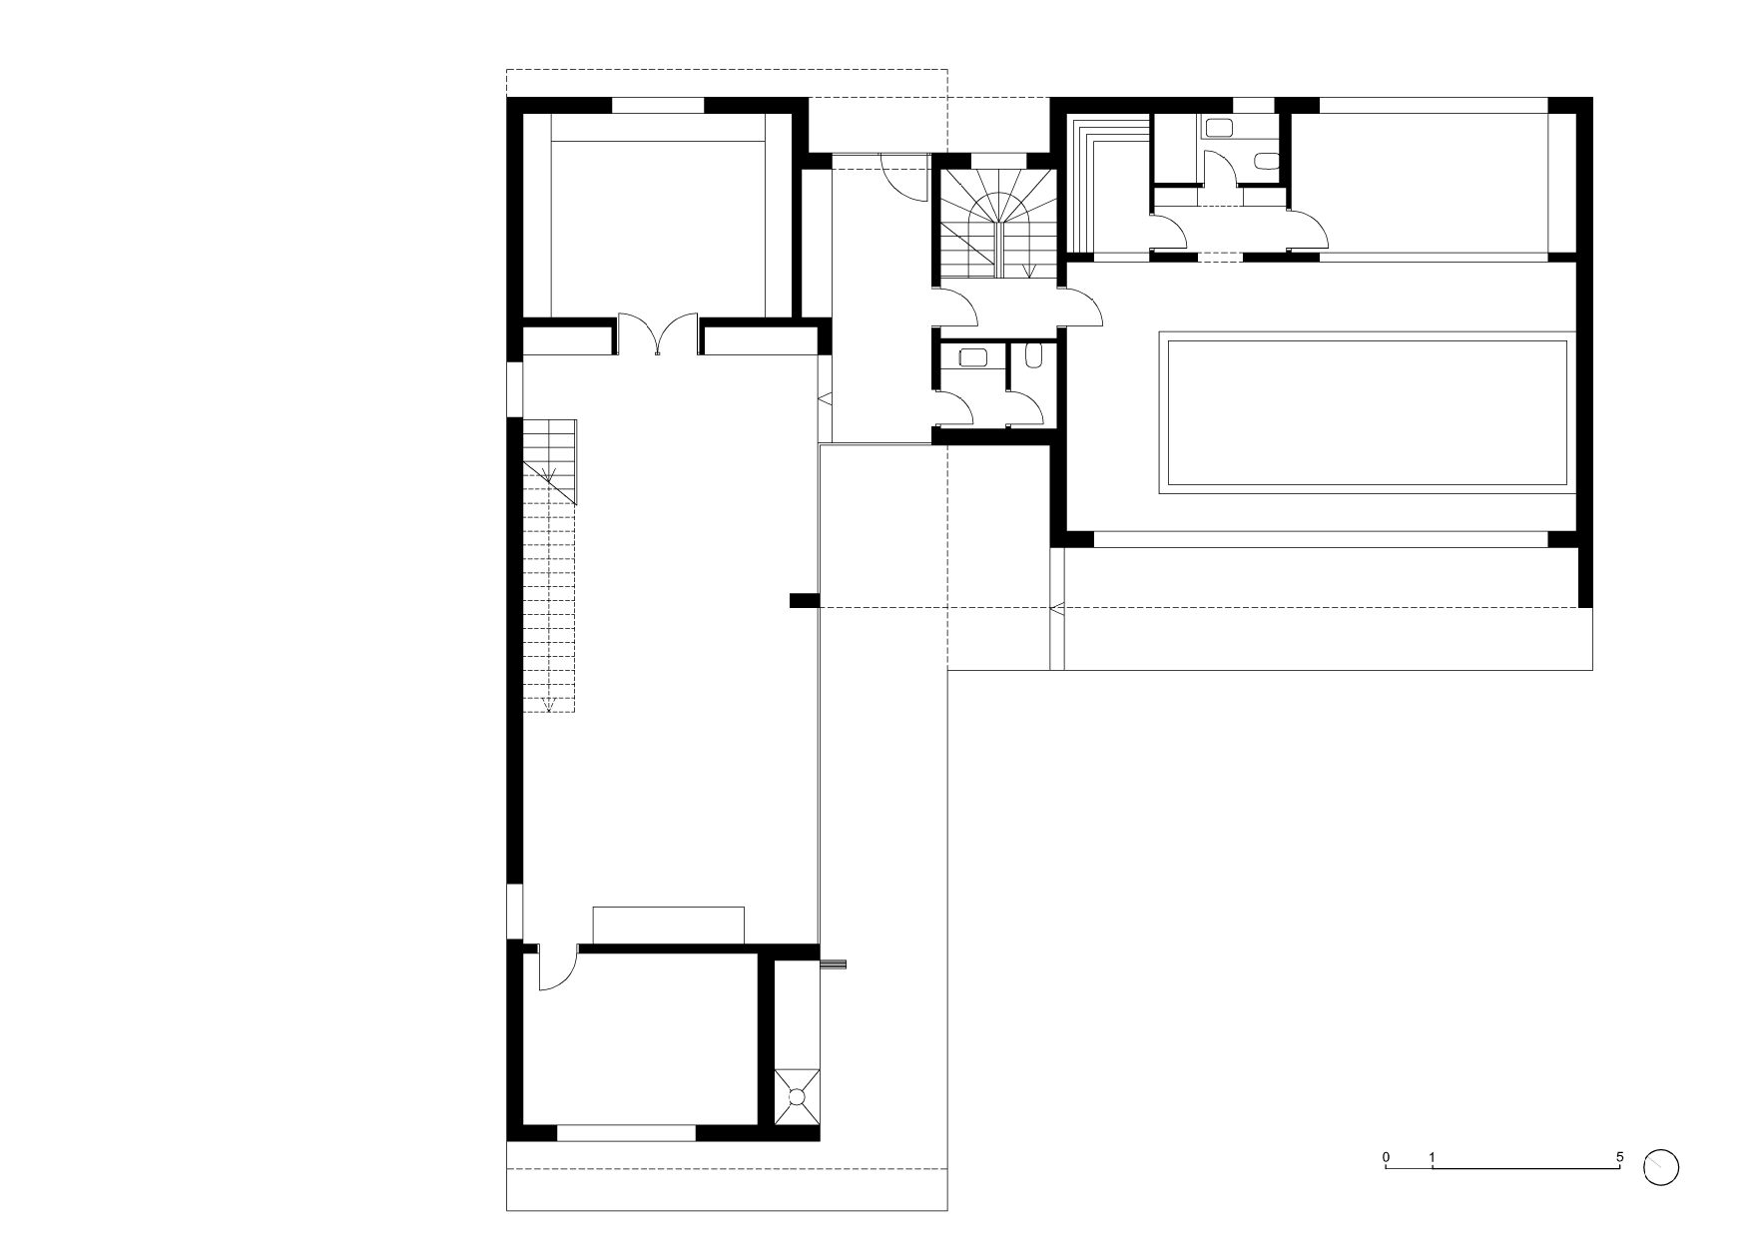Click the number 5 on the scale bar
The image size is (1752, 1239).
[1619, 1157]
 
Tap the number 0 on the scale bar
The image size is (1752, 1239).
[1386, 1157]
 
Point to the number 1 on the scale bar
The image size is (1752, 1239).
[1433, 1157]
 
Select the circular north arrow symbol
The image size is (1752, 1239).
[1661, 1166]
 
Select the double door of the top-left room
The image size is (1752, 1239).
[657, 334]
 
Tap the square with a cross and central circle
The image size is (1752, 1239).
[797, 1097]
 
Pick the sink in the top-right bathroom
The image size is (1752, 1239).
[1220, 127]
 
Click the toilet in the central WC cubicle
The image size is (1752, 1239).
[1033, 355]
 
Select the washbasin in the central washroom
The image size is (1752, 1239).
[971, 357]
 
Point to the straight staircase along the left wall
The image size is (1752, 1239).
[549, 565]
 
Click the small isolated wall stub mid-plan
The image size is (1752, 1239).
[805, 600]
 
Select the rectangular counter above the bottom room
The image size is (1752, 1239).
[669, 925]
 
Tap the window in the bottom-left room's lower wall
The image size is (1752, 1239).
[626, 1132]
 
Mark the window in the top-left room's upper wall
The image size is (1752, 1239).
[658, 105]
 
